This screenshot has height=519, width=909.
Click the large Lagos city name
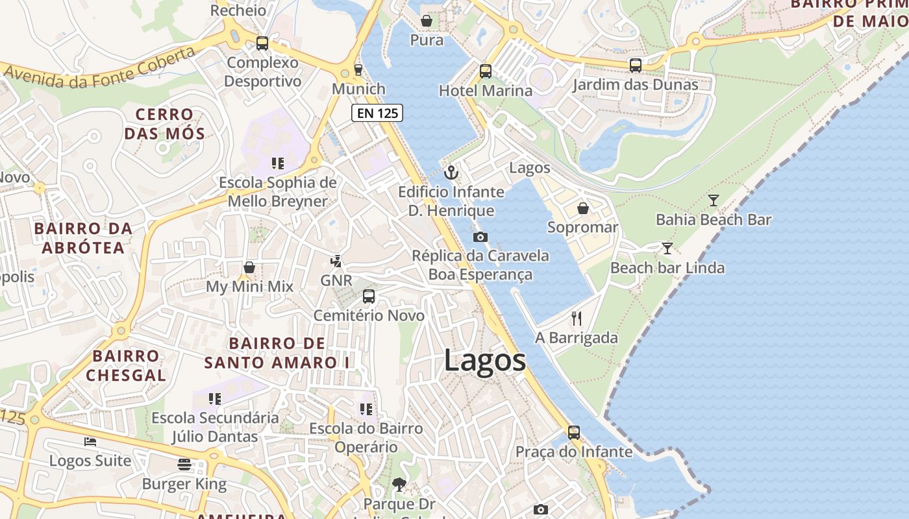tap(485, 361)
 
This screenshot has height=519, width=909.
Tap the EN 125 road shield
tap(377, 113)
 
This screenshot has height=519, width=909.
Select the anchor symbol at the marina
tap(451, 173)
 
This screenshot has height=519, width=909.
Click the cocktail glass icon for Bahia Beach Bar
tap(714, 200)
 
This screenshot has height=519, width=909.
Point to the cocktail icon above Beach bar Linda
tap(667, 248)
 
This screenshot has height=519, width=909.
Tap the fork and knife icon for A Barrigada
tap(576, 318)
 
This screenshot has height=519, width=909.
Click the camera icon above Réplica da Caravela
tap(480, 237)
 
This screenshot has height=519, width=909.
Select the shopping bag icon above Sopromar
tap(583, 208)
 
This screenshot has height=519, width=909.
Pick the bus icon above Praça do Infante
tap(574, 432)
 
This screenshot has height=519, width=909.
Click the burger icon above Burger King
tap(184, 465)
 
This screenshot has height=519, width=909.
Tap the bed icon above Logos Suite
tap(90, 442)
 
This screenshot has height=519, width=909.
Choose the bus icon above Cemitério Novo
tap(369, 296)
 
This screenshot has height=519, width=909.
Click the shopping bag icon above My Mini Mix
tap(249, 267)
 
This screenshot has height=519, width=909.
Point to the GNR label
tap(336, 281)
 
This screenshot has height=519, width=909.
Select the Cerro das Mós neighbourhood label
tap(164, 125)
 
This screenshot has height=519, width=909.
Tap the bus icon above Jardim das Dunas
tap(635, 66)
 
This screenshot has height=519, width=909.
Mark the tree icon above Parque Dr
tap(399, 484)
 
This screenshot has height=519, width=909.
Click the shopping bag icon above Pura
tap(427, 21)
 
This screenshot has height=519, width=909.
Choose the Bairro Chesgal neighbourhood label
tap(126, 365)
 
